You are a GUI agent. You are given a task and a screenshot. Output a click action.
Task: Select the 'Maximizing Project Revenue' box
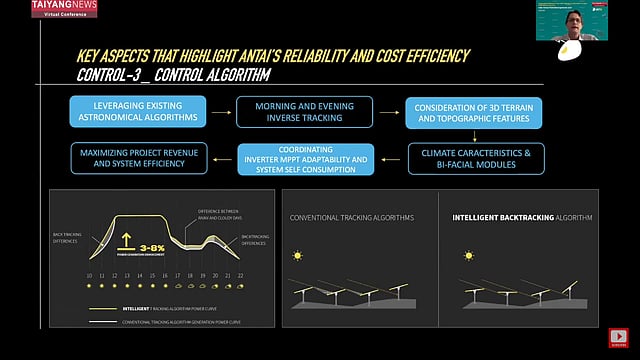coord(142,158)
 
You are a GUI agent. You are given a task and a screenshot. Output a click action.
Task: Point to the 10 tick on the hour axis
coord(89,276)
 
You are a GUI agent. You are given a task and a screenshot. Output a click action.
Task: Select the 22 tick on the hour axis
coord(241,276)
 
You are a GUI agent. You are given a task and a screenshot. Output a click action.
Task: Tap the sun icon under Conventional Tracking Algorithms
coord(297,257)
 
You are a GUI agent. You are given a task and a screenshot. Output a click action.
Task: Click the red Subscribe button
coord(620,338)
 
